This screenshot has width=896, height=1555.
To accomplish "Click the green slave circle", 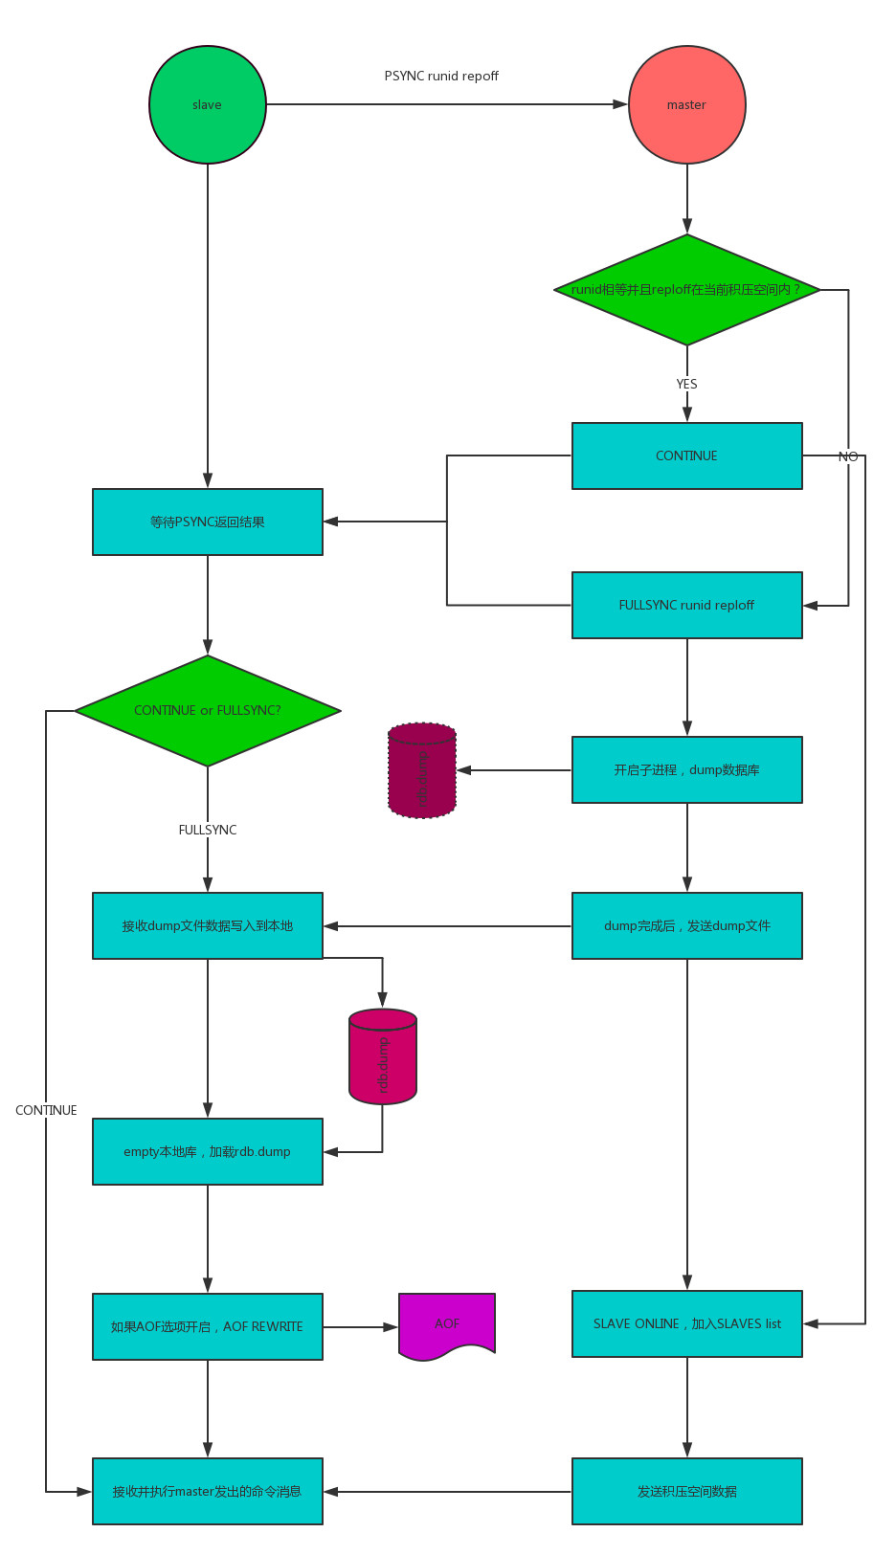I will point(208,104).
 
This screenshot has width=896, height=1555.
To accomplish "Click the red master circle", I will point(686,104).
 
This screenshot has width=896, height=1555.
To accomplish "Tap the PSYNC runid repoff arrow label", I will point(441,76).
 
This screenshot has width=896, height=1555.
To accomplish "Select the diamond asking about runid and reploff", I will point(686,289).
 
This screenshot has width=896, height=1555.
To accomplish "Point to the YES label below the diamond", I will point(686,384).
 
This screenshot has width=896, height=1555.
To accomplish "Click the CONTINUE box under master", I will point(686,455).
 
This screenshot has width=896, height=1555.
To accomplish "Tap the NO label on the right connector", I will point(848,456).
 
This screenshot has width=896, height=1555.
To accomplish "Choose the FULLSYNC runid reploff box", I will point(686,605).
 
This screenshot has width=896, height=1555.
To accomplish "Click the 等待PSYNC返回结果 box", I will point(208,522).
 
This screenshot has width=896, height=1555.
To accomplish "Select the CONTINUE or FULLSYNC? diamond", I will point(208,710).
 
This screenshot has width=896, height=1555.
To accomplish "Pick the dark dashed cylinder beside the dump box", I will point(422,770).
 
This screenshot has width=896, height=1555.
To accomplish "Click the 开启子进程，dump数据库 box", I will point(686,769).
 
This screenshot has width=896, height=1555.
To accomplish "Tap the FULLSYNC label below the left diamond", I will point(208,830).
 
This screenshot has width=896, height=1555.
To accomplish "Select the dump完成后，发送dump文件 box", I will point(686,925).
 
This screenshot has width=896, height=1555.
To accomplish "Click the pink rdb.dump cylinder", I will point(383,1057).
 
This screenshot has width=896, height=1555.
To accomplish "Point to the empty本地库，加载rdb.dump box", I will point(208,1151).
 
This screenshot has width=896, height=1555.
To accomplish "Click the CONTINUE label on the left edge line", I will point(46,1110).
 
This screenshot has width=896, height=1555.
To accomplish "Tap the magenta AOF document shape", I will point(447,1324).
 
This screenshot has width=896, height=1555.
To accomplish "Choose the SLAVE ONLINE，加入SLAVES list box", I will point(686,1323).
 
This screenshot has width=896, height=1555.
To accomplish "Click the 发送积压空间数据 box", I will point(686,1491).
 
